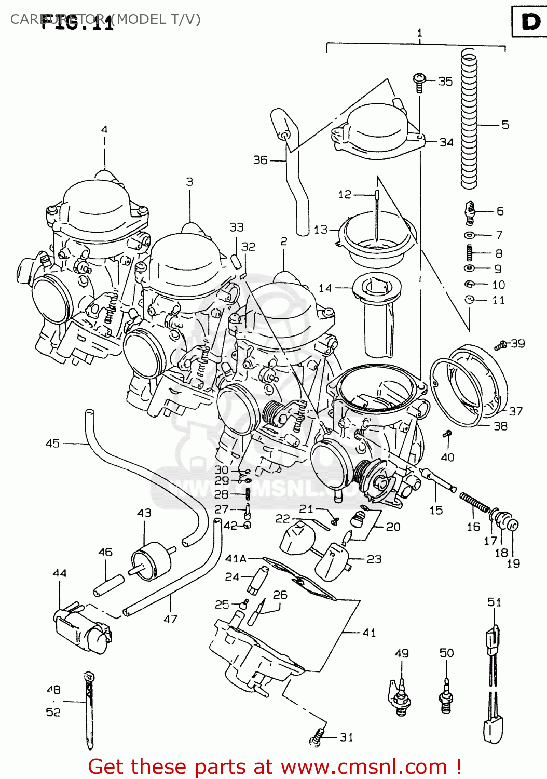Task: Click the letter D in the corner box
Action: pyautogui.click(x=530, y=22)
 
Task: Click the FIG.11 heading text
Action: pyautogui.click(x=78, y=23)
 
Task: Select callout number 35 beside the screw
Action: pyautogui.click(x=445, y=82)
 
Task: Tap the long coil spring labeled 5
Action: pyautogui.click(x=469, y=119)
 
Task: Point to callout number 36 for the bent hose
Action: pyautogui.click(x=260, y=160)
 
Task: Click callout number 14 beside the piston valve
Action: pyautogui.click(x=325, y=288)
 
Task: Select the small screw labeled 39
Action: pyautogui.click(x=500, y=345)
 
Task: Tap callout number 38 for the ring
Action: pyautogui.click(x=500, y=426)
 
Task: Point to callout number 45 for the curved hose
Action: pyautogui.click(x=52, y=444)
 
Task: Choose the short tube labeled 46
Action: pyautogui.click(x=108, y=585)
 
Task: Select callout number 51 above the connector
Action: pyautogui.click(x=494, y=602)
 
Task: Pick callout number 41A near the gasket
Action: pyautogui.click(x=236, y=559)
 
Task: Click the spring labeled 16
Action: pyautogui.click(x=474, y=502)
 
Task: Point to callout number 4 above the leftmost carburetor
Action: pyautogui.click(x=104, y=130)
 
